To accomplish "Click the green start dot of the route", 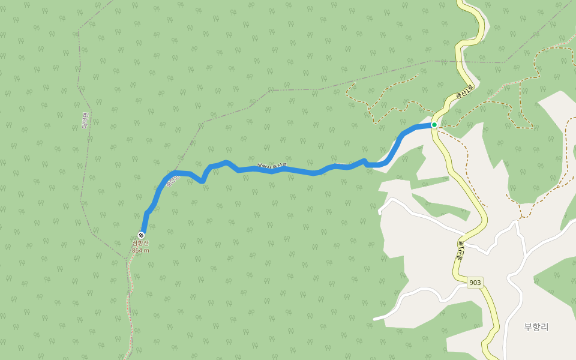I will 434,125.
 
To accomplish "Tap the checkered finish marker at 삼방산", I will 141,235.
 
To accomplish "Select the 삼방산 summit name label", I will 140,243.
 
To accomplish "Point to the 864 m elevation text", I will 140,250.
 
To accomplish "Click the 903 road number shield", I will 475,283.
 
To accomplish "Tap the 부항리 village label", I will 536,327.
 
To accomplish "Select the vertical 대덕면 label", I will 85,121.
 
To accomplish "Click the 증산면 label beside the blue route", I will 173,180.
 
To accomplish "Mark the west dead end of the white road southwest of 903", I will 375,319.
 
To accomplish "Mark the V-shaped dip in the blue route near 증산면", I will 203,180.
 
